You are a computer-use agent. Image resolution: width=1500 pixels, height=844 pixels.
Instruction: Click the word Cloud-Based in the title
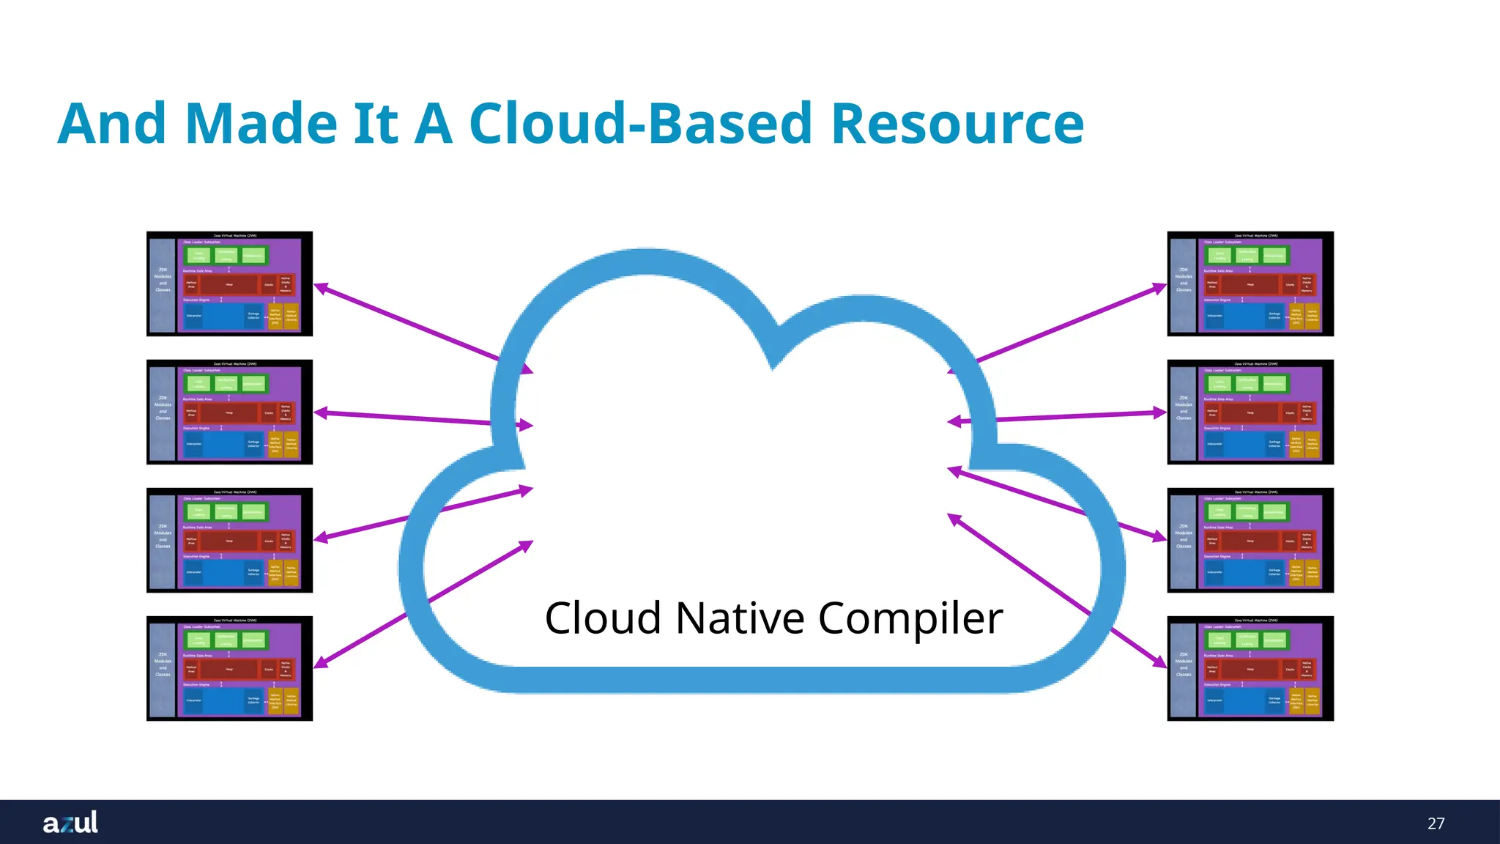[640, 123]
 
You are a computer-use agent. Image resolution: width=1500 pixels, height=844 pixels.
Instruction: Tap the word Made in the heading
[261, 123]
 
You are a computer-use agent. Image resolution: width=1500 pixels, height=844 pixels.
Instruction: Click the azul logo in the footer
[70, 822]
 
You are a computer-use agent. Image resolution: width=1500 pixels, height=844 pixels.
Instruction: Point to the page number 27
[1436, 823]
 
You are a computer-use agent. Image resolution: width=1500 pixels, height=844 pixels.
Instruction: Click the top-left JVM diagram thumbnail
[229, 284]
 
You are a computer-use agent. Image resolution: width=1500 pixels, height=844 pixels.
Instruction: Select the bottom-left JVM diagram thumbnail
[229, 668]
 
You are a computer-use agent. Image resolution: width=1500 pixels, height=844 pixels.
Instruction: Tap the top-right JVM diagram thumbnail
[1250, 284]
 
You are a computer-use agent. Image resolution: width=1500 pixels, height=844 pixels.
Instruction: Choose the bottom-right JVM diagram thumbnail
[1250, 668]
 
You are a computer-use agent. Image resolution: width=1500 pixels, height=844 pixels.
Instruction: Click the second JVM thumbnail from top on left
[229, 412]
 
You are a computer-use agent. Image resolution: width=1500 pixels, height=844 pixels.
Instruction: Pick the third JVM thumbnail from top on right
[1250, 540]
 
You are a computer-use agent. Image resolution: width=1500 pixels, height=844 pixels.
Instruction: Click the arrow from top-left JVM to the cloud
[410, 322]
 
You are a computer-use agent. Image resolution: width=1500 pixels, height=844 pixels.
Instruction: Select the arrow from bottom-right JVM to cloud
[1055, 589]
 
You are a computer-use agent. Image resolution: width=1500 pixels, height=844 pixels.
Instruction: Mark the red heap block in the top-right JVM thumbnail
[1250, 284]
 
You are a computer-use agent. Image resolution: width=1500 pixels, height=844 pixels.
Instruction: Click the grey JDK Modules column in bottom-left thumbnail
[163, 668]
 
